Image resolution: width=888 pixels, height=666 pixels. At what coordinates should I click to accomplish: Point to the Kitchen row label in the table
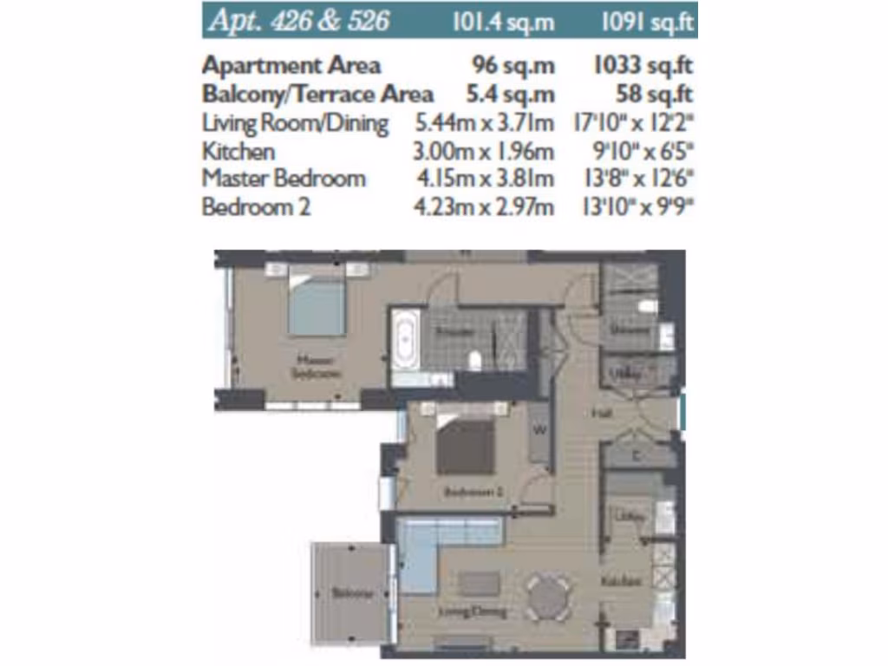point(238,151)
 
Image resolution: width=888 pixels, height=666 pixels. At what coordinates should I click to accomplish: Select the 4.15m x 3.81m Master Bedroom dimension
point(485,179)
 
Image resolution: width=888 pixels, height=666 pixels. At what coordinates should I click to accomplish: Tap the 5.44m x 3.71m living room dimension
point(485,122)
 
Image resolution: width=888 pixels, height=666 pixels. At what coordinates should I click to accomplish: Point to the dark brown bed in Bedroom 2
point(466,444)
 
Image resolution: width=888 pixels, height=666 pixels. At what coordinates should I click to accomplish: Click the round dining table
point(547,597)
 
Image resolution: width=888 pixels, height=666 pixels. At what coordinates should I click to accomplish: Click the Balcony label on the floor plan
point(351,594)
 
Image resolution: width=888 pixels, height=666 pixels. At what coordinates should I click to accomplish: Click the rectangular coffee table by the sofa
point(480,583)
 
